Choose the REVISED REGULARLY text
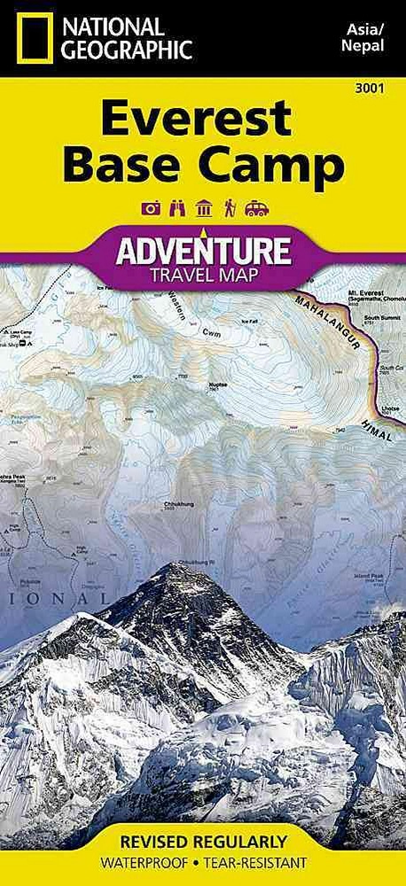pyautogui.click(x=202, y=840)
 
